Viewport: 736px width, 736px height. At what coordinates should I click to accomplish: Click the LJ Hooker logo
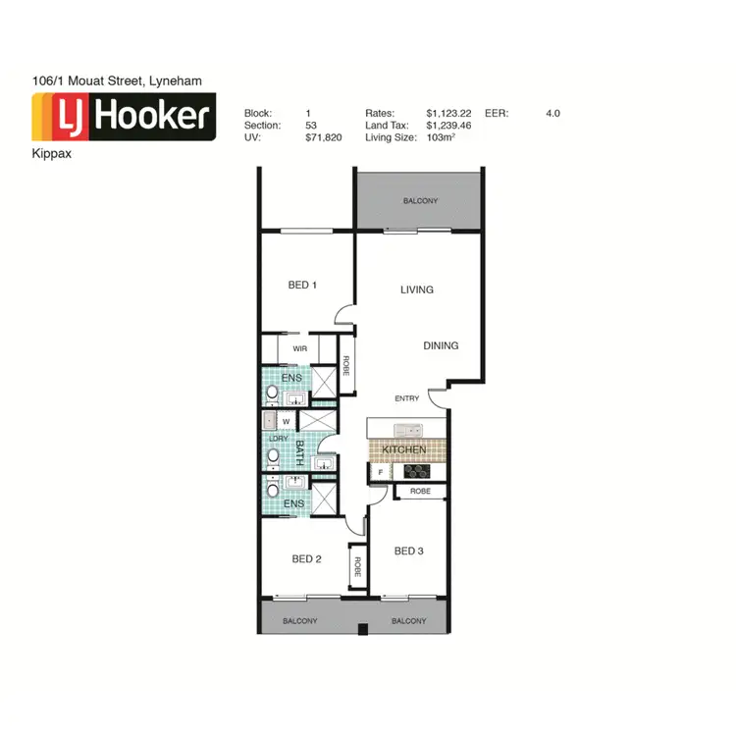coord(124,118)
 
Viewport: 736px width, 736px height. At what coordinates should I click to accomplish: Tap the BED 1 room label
coord(302,286)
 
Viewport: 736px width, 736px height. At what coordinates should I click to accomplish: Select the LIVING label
coord(417,289)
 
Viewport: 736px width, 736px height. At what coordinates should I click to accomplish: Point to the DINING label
coord(441,345)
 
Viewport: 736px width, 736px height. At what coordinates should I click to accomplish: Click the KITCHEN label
coord(404,449)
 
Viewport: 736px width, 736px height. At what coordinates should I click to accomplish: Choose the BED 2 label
coord(307,559)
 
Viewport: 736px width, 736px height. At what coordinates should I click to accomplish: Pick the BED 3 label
coord(408,552)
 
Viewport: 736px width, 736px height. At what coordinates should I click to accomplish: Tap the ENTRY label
coord(407,398)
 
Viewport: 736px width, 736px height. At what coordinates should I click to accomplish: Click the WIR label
coord(299,348)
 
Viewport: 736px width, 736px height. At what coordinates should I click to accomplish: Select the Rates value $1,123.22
coord(448,114)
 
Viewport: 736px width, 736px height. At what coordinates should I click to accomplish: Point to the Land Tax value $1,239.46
coord(448,126)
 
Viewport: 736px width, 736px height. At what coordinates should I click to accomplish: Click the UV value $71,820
coord(323,137)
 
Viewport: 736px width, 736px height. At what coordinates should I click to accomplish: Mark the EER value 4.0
coord(552,114)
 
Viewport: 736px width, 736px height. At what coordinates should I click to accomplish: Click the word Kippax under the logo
coord(51,154)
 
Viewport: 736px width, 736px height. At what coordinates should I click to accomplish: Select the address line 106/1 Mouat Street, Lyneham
coord(117,80)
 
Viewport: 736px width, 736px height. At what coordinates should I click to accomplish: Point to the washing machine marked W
coord(286,422)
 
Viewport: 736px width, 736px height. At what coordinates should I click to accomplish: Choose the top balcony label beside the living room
coord(420,201)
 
